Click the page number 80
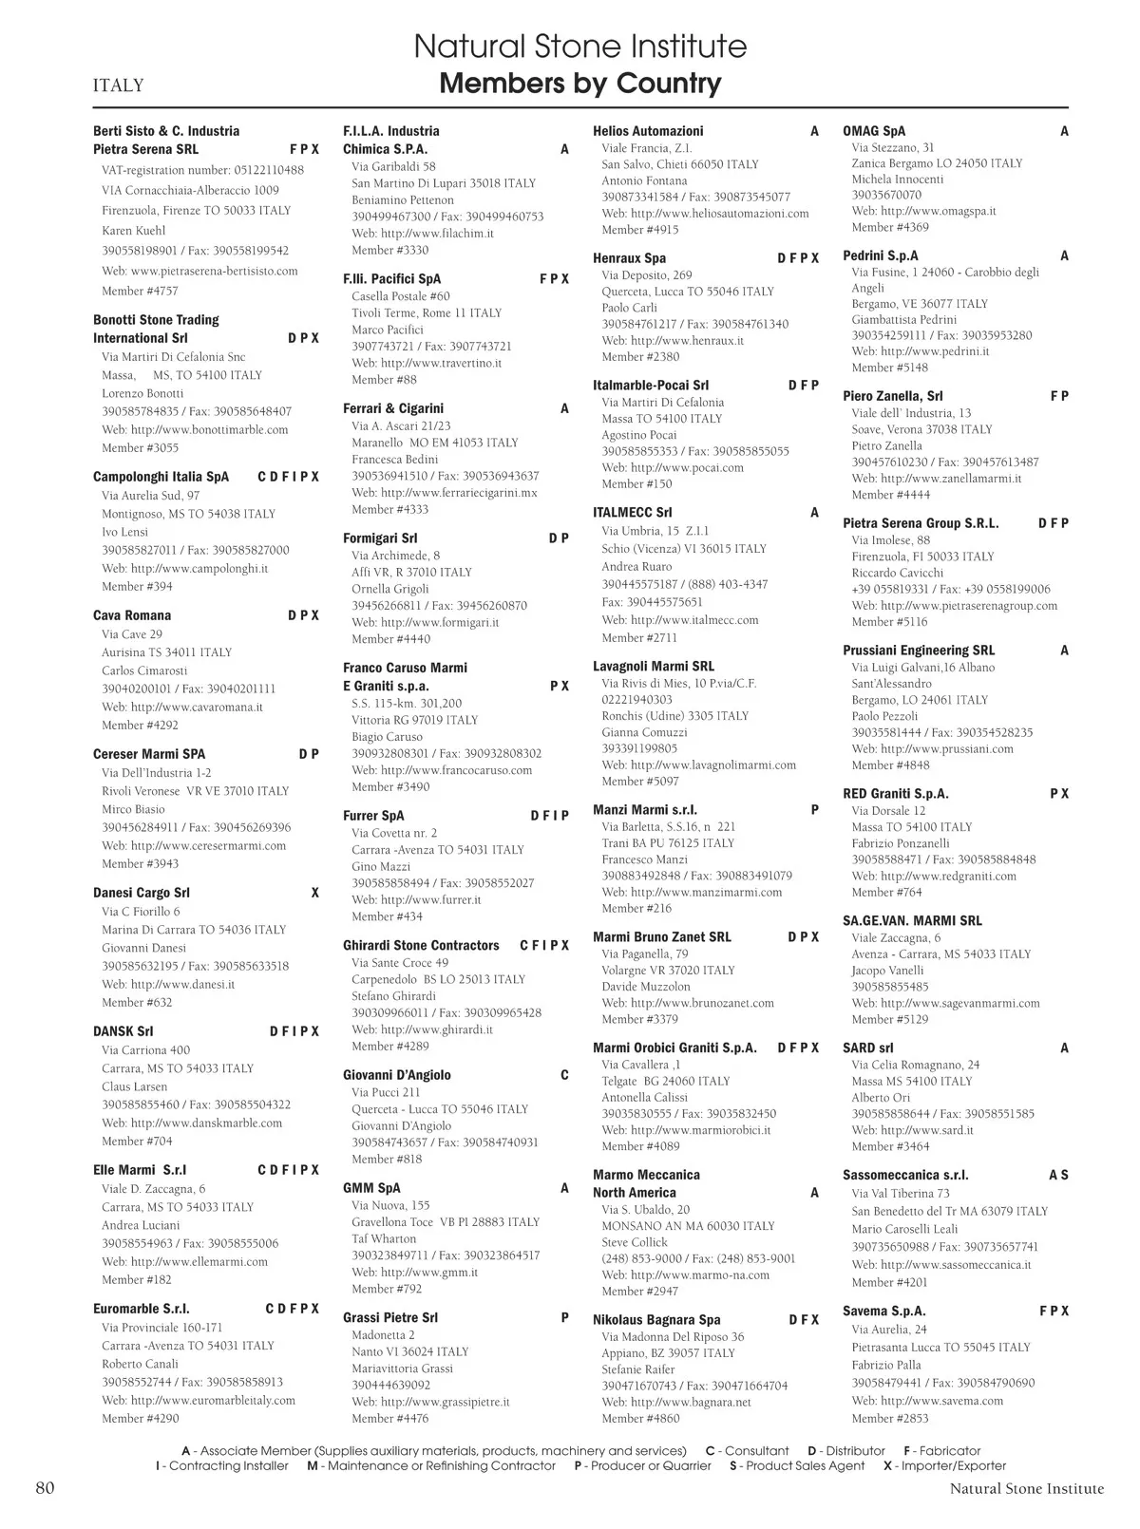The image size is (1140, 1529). (45, 1487)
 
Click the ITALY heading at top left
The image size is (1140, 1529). (118, 85)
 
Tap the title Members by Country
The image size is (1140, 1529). (580, 84)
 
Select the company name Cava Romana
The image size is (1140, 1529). (132, 615)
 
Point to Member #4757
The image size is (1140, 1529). (140, 292)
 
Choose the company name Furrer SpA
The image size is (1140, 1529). (373, 816)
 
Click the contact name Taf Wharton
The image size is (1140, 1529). (384, 1238)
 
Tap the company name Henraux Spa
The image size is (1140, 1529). (629, 258)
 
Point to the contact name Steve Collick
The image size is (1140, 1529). (635, 1242)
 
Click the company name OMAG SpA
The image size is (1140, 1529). (874, 131)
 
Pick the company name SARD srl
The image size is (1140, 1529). (867, 1048)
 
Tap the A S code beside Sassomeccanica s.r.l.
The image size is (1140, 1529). (1058, 1176)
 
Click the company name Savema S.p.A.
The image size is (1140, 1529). (883, 1312)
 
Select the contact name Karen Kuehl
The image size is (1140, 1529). (134, 231)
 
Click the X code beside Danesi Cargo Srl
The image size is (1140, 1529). (315, 893)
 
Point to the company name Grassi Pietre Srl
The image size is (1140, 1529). (390, 1318)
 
